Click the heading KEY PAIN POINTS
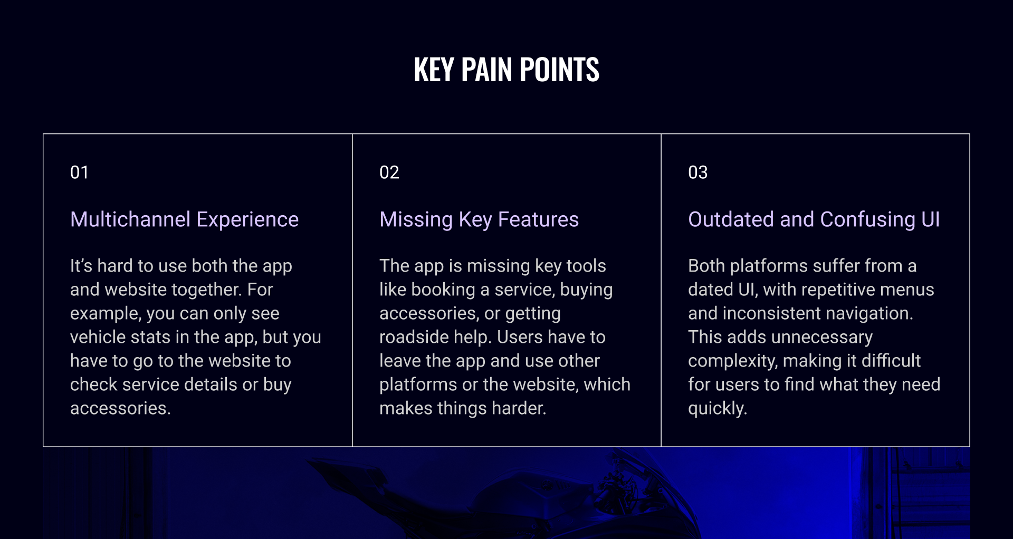click(x=506, y=69)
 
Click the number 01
click(x=79, y=172)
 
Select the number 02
click(x=389, y=172)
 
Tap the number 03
click(x=697, y=172)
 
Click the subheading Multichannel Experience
click(x=184, y=219)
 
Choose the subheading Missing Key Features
click(x=479, y=219)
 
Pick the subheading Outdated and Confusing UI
click(x=814, y=219)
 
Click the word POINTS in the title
click(x=559, y=69)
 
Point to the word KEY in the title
click(x=434, y=69)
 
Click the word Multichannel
click(x=130, y=219)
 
